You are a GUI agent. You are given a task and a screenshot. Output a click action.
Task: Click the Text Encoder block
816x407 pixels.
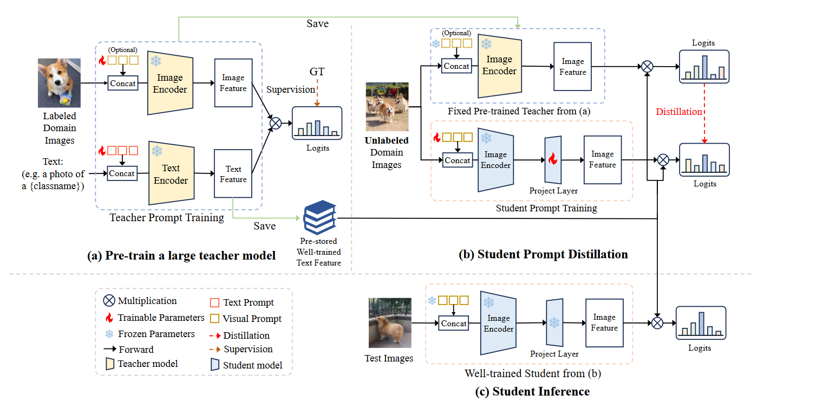(x=171, y=174)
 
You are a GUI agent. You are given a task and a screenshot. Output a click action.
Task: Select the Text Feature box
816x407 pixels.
(x=233, y=174)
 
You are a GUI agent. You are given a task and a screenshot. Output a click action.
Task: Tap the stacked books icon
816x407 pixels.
(x=319, y=216)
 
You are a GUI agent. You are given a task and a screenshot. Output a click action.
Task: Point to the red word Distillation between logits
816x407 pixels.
(x=679, y=112)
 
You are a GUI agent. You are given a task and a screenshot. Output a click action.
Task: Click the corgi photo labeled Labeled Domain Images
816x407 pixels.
(x=59, y=83)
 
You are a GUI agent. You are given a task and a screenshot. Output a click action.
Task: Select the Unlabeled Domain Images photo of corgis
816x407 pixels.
(x=387, y=107)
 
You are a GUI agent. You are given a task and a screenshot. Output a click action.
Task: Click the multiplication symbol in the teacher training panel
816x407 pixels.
(x=275, y=123)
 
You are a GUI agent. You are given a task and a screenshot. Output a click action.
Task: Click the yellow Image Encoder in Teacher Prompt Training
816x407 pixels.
(x=170, y=83)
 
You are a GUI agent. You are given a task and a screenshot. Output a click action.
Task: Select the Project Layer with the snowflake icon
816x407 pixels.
(x=554, y=322)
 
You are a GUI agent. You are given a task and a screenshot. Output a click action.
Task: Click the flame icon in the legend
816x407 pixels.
(x=109, y=318)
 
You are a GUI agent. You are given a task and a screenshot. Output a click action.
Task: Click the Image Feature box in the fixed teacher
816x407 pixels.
(x=573, y=67)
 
